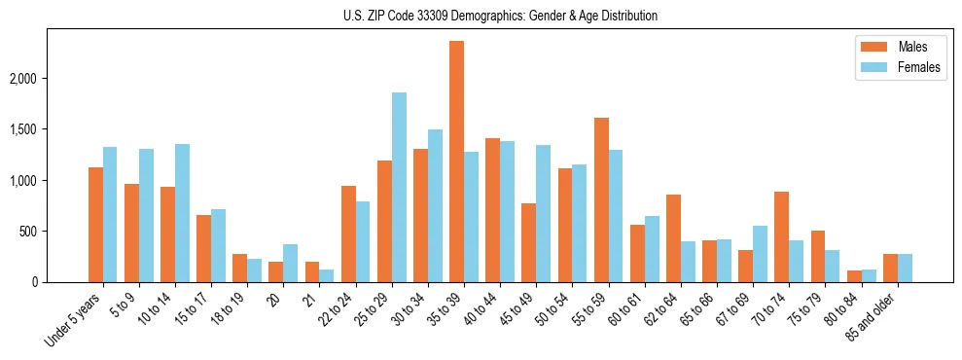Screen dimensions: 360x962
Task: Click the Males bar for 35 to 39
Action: tap(456, 162)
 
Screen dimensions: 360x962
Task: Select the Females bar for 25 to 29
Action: tap(399, 188)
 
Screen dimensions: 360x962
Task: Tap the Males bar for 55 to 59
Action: tap(601, 200)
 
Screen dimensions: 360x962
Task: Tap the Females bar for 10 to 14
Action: tap(182, 213)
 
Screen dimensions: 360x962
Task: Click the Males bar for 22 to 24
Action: tap(348, 234)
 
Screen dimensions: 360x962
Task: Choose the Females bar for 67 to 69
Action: tap(759, 254)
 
